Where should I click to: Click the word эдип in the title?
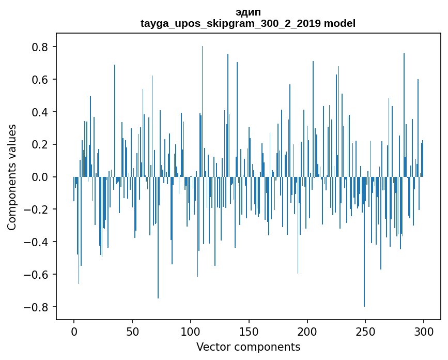coord(248,12)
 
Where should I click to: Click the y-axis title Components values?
coord(12,177)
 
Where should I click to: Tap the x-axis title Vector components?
coord(248,347)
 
